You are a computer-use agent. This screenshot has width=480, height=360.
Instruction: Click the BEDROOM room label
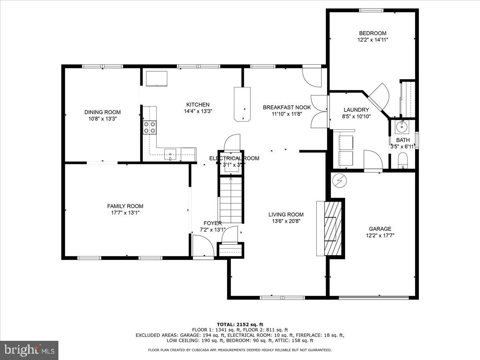coord(372,33)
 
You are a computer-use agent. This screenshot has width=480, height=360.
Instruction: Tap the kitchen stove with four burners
coord(150,127)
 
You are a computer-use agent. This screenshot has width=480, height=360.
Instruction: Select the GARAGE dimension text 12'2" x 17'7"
coord(380,235)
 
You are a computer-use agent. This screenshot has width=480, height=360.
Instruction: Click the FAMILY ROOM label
coord(125,206)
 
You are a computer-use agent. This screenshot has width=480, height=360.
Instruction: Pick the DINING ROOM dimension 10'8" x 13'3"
coord(102,119)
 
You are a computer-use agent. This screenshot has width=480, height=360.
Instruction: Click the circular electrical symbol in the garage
coord(340,181)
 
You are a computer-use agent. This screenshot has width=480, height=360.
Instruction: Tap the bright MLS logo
coord(29,350)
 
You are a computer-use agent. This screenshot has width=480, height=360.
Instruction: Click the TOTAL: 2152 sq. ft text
coord(240,324)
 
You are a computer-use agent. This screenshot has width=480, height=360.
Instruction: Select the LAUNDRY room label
coord(356,110)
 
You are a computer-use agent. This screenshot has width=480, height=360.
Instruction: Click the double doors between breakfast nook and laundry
coord(319,112)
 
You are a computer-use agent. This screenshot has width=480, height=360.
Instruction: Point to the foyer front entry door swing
coord(203,246)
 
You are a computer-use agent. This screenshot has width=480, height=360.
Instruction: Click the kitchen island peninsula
coord(242,104)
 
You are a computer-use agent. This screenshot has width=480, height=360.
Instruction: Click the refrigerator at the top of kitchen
coord(157,78)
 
